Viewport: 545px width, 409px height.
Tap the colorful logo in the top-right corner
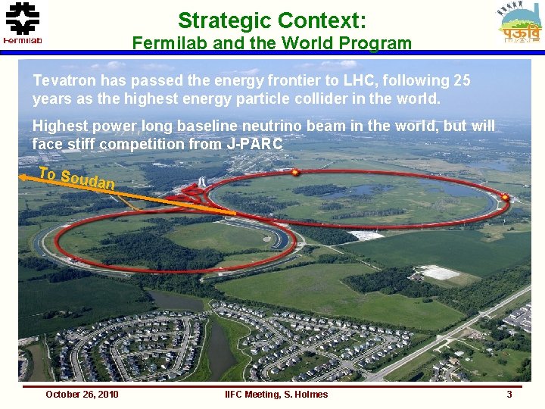521,23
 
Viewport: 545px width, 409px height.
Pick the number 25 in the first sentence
461,80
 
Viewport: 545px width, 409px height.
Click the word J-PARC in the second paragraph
255,144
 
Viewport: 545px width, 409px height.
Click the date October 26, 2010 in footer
82,394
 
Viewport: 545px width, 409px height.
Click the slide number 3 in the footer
509,394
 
